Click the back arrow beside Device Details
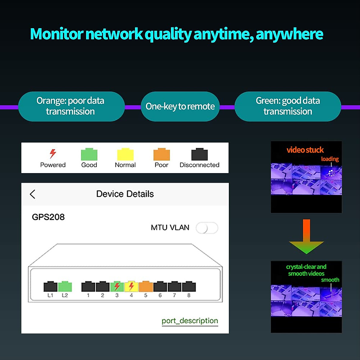[x=33, y=194]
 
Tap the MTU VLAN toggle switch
[x=207, y=228]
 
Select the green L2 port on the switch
[x=65, y=286]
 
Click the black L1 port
[x=50, y=286]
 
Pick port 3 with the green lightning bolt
[x=117, y=286]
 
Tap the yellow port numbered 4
[x=131, y=286]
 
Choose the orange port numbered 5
[x=146, y=286]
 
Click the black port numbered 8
[x=189, y=286]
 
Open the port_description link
[x=190, y=321]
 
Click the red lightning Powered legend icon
[x=53, y=153]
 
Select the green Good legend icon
[x=89, y=154]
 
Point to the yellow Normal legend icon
[x=125, y=154]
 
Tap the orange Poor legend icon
[x=161, y=154]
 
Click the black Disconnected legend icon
[x=199, y=154]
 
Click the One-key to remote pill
[x=180, y=106]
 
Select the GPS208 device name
[x=48, y=217]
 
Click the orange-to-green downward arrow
[x=306, y=237]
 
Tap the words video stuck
[x=305, y=150]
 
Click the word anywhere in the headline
[x=289, y=34]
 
